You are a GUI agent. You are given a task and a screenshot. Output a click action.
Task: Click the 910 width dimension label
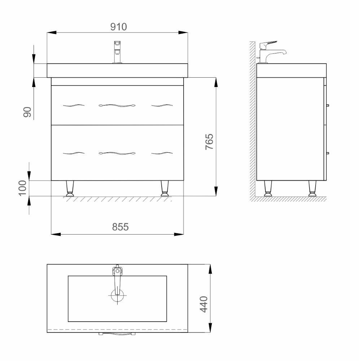118,27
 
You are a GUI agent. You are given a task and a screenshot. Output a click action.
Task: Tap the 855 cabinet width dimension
120,227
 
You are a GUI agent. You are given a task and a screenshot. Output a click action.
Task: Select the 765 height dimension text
209,142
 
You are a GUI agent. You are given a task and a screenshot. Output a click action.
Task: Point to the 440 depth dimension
203,304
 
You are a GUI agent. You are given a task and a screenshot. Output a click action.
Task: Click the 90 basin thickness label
27,112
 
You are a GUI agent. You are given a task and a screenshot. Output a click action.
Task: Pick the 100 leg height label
22,188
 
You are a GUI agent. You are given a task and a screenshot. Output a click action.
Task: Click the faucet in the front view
118,52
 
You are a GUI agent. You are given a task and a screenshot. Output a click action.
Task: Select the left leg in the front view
70,188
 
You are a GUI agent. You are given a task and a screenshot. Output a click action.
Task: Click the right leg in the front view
164,188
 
